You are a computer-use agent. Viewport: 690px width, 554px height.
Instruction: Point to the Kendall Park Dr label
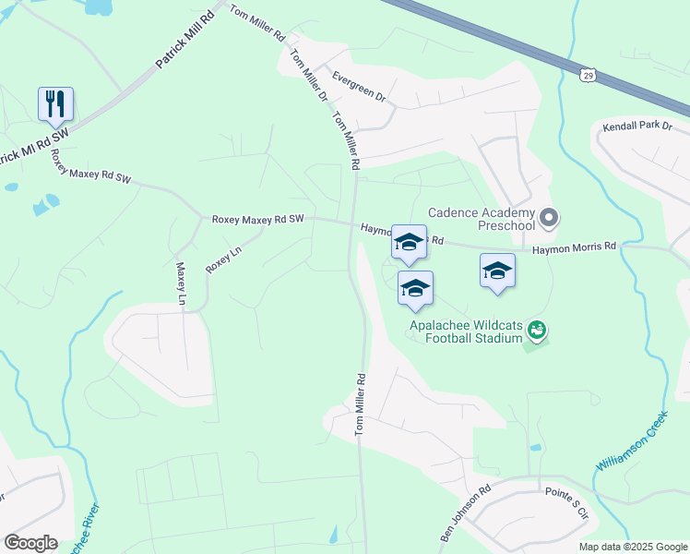point(637,126)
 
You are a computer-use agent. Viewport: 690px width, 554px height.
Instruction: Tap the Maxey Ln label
point(181,283)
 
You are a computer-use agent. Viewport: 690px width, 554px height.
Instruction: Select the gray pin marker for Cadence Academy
point(550,219)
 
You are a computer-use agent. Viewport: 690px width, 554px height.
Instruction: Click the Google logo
point(30,543)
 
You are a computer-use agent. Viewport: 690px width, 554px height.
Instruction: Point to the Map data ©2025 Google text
point(632,547)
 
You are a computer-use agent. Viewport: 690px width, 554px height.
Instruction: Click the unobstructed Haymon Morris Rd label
point(573,247)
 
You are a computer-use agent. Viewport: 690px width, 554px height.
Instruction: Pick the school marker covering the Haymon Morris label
point(410,244)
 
